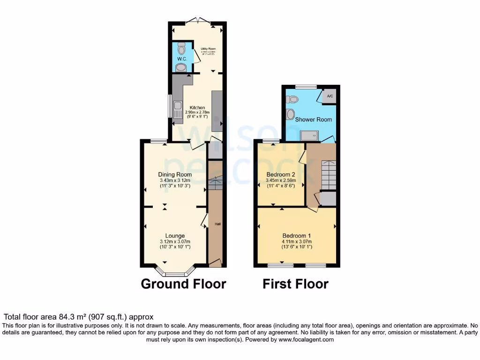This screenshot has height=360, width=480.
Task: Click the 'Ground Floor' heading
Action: click(183, 284)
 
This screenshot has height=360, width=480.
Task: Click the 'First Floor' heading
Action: click(295, 284)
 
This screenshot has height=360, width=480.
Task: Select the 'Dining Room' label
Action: click(175, 174)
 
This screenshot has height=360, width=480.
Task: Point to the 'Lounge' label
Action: click(175, 235)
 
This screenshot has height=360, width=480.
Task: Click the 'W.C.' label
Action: click(182, 59)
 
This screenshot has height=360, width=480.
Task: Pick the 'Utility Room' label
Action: click(208, 48)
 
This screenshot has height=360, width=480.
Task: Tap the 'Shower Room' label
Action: click(313, 120)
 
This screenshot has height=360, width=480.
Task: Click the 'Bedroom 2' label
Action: click(280, 174)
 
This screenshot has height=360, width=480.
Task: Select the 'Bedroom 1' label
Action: click(296, 235)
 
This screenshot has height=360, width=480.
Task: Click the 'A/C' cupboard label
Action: click(330, 97)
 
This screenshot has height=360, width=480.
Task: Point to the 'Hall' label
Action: click(217, 224)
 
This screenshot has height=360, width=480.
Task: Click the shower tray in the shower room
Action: click(309, 135)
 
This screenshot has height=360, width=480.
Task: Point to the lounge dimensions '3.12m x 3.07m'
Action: click(175, 241)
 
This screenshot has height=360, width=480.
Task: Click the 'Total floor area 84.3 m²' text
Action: click(79, 317)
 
